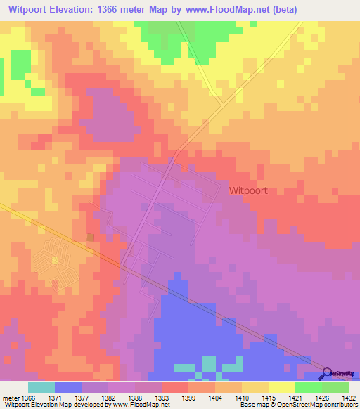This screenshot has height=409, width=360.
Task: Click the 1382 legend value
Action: [108, 398]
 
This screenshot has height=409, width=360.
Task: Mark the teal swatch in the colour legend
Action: [41, 387]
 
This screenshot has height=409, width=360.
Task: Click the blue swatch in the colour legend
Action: [68, 387]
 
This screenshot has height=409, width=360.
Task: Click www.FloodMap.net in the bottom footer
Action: [146, 405]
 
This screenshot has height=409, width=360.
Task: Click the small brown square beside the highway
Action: [89, 237]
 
